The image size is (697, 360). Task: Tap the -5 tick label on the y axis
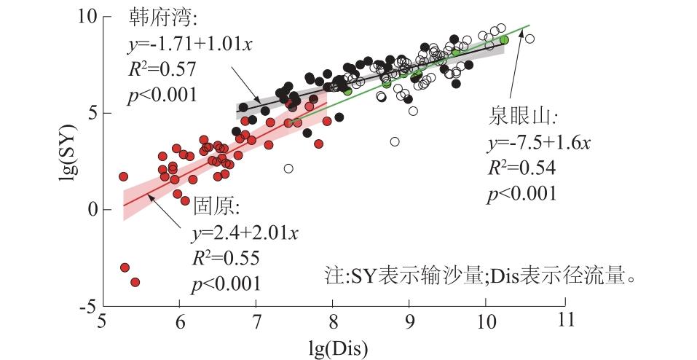(x=90, y=307)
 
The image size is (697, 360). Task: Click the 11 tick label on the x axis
(x=564, y=321)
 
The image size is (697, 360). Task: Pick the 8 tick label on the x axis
(x=334, y=321)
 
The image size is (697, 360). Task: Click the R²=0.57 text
(x=159, y=69)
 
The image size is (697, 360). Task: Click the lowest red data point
(x=135, y=282)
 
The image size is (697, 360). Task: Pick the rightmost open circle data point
(x=529, y=39)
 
